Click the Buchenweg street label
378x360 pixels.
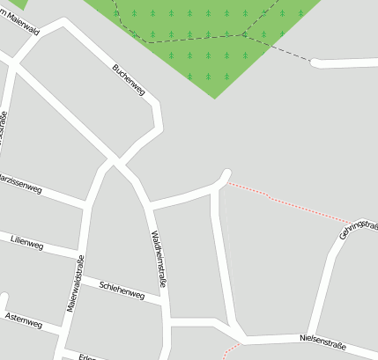pyautogui.click(x=129, y=79)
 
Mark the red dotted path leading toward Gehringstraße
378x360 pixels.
pyautogui.click(x=291, y=204)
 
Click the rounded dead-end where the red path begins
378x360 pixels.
pyautogui.click(x=227, y=173)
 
